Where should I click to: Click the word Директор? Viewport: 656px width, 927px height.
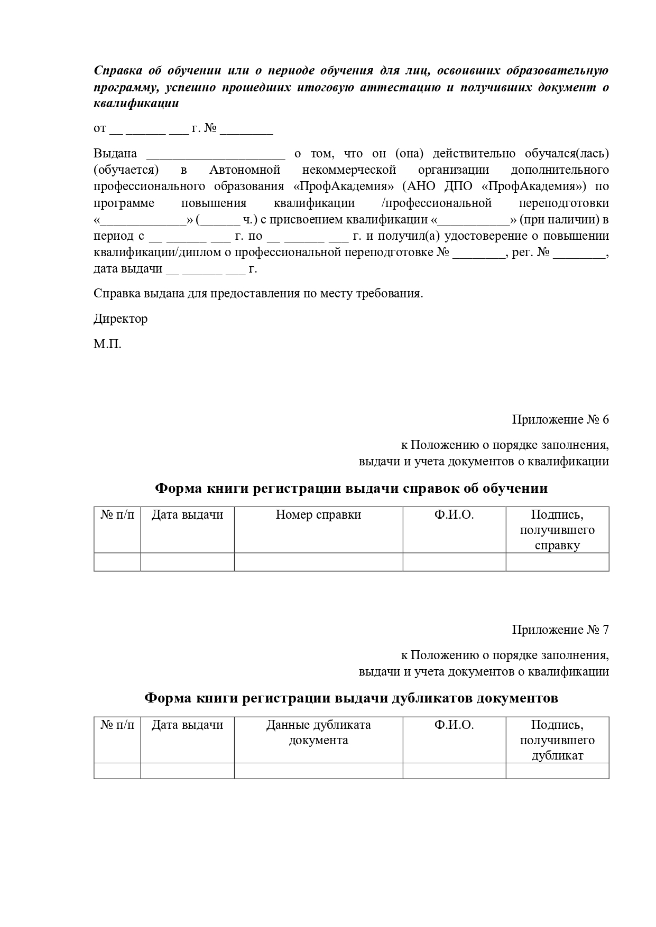click(x=121, y=319)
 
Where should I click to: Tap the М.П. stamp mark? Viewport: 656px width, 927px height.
click(x=107, y=345)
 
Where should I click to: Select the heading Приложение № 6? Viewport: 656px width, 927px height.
click(x=560, y=420)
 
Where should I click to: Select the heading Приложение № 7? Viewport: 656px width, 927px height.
click(x=560, y=630)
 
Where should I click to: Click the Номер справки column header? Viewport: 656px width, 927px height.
click(x=318, y=515)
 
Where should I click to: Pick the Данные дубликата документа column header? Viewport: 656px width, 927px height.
click(x=318, y=733)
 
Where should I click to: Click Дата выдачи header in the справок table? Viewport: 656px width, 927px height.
click(x=187, y=515)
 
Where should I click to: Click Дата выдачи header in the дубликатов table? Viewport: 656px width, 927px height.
click(x=187, y=725)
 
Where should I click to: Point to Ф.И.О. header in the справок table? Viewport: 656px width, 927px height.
click(x=454, y=515)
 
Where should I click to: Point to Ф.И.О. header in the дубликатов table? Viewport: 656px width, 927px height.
click(x=454, y=725)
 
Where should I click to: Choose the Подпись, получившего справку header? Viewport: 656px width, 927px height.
click(x=557, y=530)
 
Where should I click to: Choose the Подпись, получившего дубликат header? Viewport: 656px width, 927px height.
click(x=557, y=740)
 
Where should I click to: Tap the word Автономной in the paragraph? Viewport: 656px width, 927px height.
click(x=244, y=170)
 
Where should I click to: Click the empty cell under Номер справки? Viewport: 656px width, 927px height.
click(x=318, y=562)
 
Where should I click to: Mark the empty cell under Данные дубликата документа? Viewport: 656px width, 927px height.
click(x=318, y=771)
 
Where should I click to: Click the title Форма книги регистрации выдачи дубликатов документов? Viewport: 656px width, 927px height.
click(x=351, y=698)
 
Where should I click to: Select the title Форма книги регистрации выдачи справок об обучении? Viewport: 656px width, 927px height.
click(x=351, y=489)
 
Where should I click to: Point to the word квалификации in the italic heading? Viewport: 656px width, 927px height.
click(x=136, y=104)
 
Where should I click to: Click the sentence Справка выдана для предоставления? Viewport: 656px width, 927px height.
click(x=258, y=294)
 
